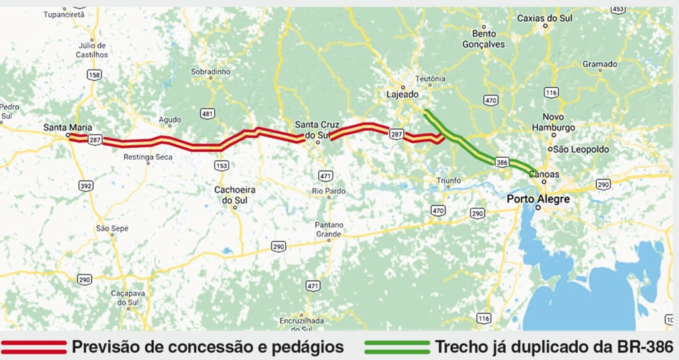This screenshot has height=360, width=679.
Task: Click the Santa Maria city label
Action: [68, 127]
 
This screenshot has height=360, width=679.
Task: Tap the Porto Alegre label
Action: [538, 198]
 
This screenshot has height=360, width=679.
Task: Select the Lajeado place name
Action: [402, 94]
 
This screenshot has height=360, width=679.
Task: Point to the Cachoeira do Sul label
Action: [235, 194]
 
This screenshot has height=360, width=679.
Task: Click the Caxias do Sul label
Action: [544, 18]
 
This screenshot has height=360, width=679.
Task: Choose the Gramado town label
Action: [599, 64]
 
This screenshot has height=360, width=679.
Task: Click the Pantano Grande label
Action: [328, 229]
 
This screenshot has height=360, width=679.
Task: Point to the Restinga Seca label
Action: [148, 157]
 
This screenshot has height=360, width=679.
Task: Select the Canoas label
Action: [545, 175]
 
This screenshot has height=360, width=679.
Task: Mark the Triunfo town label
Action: [448, 180]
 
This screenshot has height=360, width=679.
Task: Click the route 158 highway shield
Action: [94, 76]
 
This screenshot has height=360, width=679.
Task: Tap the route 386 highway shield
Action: [501, 162]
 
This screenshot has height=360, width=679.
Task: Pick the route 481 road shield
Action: [208, 114]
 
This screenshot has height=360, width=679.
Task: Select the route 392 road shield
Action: [86, 186]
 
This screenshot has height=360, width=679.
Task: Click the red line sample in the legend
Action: [34, 347]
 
